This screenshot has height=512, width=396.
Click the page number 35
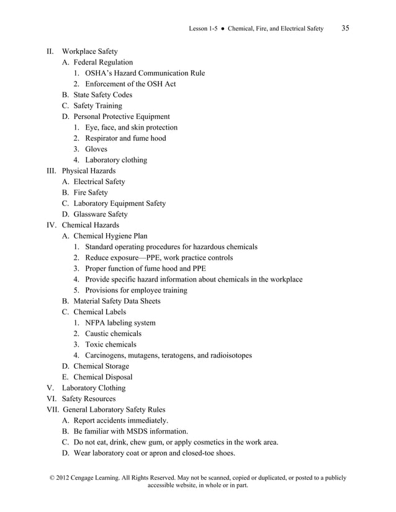(346, 28)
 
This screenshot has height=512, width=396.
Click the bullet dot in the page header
(222, 29)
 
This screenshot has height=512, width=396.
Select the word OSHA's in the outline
(100, 73)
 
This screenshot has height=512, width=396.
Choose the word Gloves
(96, 149)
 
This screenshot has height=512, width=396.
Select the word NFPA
(96, 322)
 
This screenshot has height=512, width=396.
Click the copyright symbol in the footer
(43, 478)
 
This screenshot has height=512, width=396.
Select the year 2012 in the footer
(55, 478)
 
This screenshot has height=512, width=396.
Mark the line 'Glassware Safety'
(101, 214)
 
